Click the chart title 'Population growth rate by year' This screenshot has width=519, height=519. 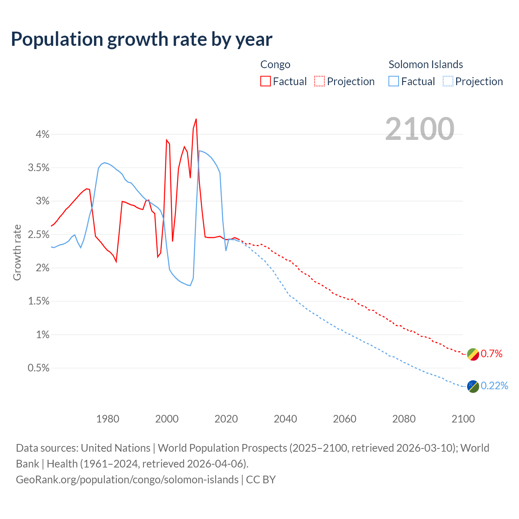click(x=142, y=39)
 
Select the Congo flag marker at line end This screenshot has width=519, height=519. click(x=473, y=354)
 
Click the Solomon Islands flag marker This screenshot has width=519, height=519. click(x=473, y=386)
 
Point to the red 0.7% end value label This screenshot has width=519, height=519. click(x=491, y=354)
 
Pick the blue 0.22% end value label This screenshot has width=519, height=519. click(x=494, y=386)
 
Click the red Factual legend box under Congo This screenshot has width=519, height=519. click(x=266, y=81)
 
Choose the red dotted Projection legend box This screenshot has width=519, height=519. click(x=320, y=81)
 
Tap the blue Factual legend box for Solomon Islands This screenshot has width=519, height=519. click(x=394, y=81)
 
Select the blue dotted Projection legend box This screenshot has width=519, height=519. click(x=448, y=81)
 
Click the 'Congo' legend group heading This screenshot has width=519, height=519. click(x=275, y=64)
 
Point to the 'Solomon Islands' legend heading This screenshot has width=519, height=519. click(x=426, y=64)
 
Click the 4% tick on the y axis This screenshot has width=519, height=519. click(x=42, y=134)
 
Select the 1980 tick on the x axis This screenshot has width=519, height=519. click(x=107, y=419)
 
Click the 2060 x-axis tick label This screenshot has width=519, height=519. click(x=345, y=419)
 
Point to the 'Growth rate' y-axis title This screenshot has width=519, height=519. click(x=17, y=252)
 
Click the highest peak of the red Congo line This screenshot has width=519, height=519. click(x=196, y=119)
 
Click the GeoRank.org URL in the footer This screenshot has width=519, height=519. click(x=127, y=480)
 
